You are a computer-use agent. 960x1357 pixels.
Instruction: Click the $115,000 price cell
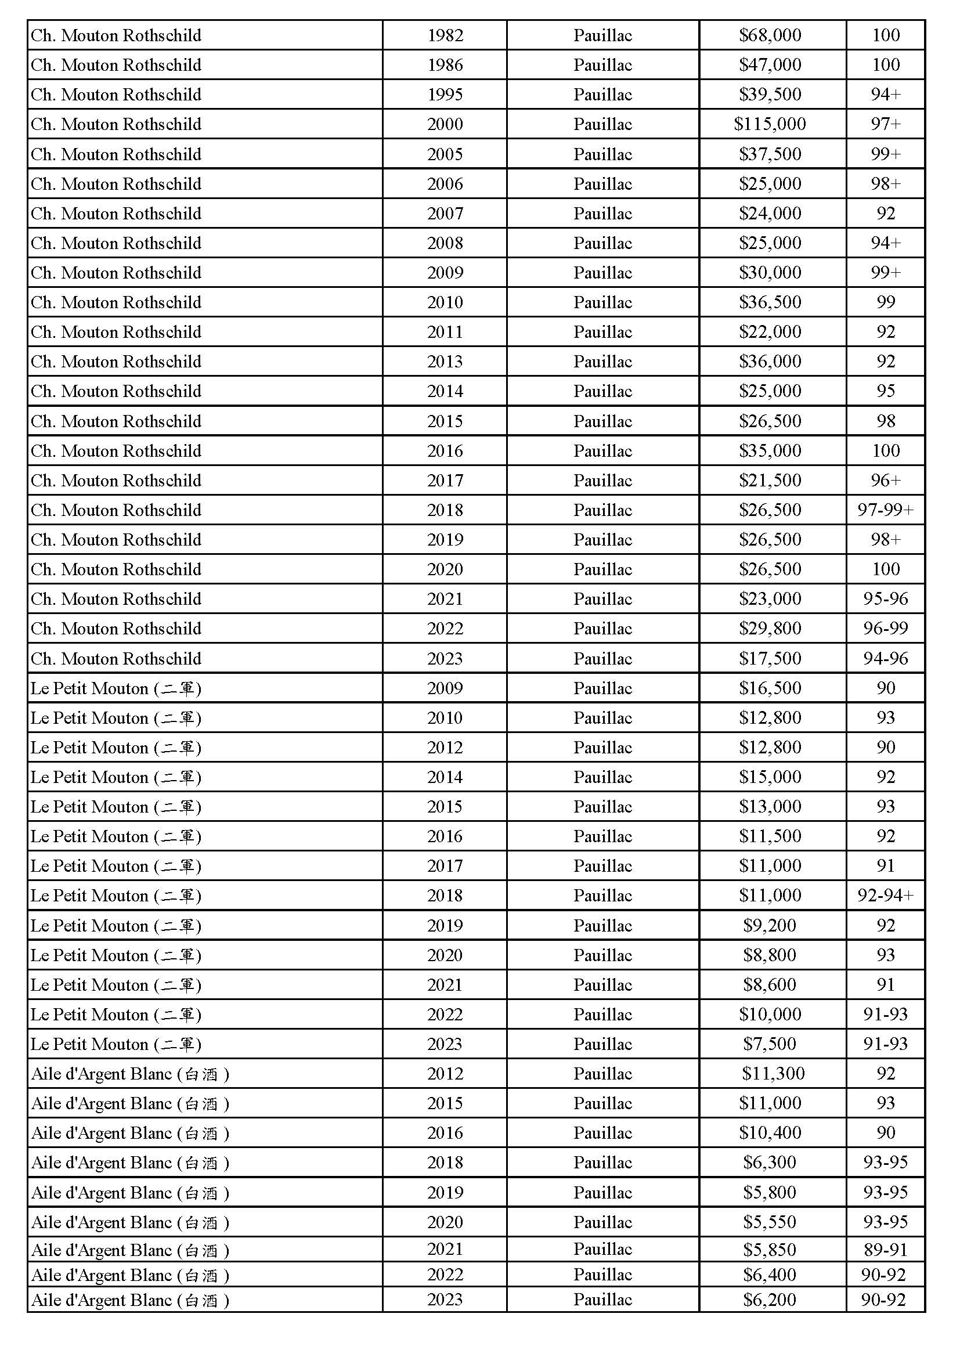pyautogui.click(x=770, y=124)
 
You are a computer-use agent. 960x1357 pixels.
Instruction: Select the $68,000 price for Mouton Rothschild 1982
pyautogui.click(x=770, y=35)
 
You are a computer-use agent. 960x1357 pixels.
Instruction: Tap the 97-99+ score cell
pyautogui.click(x=885, y=510)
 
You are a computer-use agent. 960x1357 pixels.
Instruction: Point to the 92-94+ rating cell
pyautogui.click(x=885, y=896)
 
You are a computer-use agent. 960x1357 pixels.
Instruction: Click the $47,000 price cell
pyautogui.click(x=770, y=65)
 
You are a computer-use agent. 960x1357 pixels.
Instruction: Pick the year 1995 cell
pyautogui.click(x=445, y=95)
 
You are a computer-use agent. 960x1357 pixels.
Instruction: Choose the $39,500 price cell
pyautogui.click(x=770, y=95)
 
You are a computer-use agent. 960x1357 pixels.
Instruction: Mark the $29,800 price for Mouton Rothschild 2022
pyautogui.click(x=770, y=628)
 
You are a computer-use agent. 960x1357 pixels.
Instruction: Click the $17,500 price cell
pyautogui.click(x=770, y=658)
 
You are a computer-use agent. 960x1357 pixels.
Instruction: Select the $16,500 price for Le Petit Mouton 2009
pyautogui.click(x=770, y=688)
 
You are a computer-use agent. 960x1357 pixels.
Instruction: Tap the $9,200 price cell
pyautogui.click(x=770, y=925)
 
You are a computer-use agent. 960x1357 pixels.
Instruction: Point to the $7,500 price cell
pyautogui.click(x=770, y=1044)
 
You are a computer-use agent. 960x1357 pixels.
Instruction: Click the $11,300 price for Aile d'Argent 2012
pyautogui.click(x=773, y=1073)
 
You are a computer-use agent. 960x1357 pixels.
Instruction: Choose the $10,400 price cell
pyautogui.click(x=770, y=1132)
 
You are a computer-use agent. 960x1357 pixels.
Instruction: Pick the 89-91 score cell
pyautogui.click(x=885, y=1250)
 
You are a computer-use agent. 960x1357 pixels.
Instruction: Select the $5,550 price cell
pyautogui.click(x=770, y=1222)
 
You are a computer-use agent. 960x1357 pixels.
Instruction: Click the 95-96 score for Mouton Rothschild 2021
pyautogui.click(x=885, y=599)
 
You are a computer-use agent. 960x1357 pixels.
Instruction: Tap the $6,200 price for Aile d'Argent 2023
pyautogui.click(x=770, y=1300)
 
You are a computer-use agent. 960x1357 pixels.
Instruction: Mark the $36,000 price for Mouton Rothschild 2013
pyautogui.click(x=770, y=361)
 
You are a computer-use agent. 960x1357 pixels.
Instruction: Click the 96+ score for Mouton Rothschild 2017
pyautogui.click(x=885, y=481)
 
